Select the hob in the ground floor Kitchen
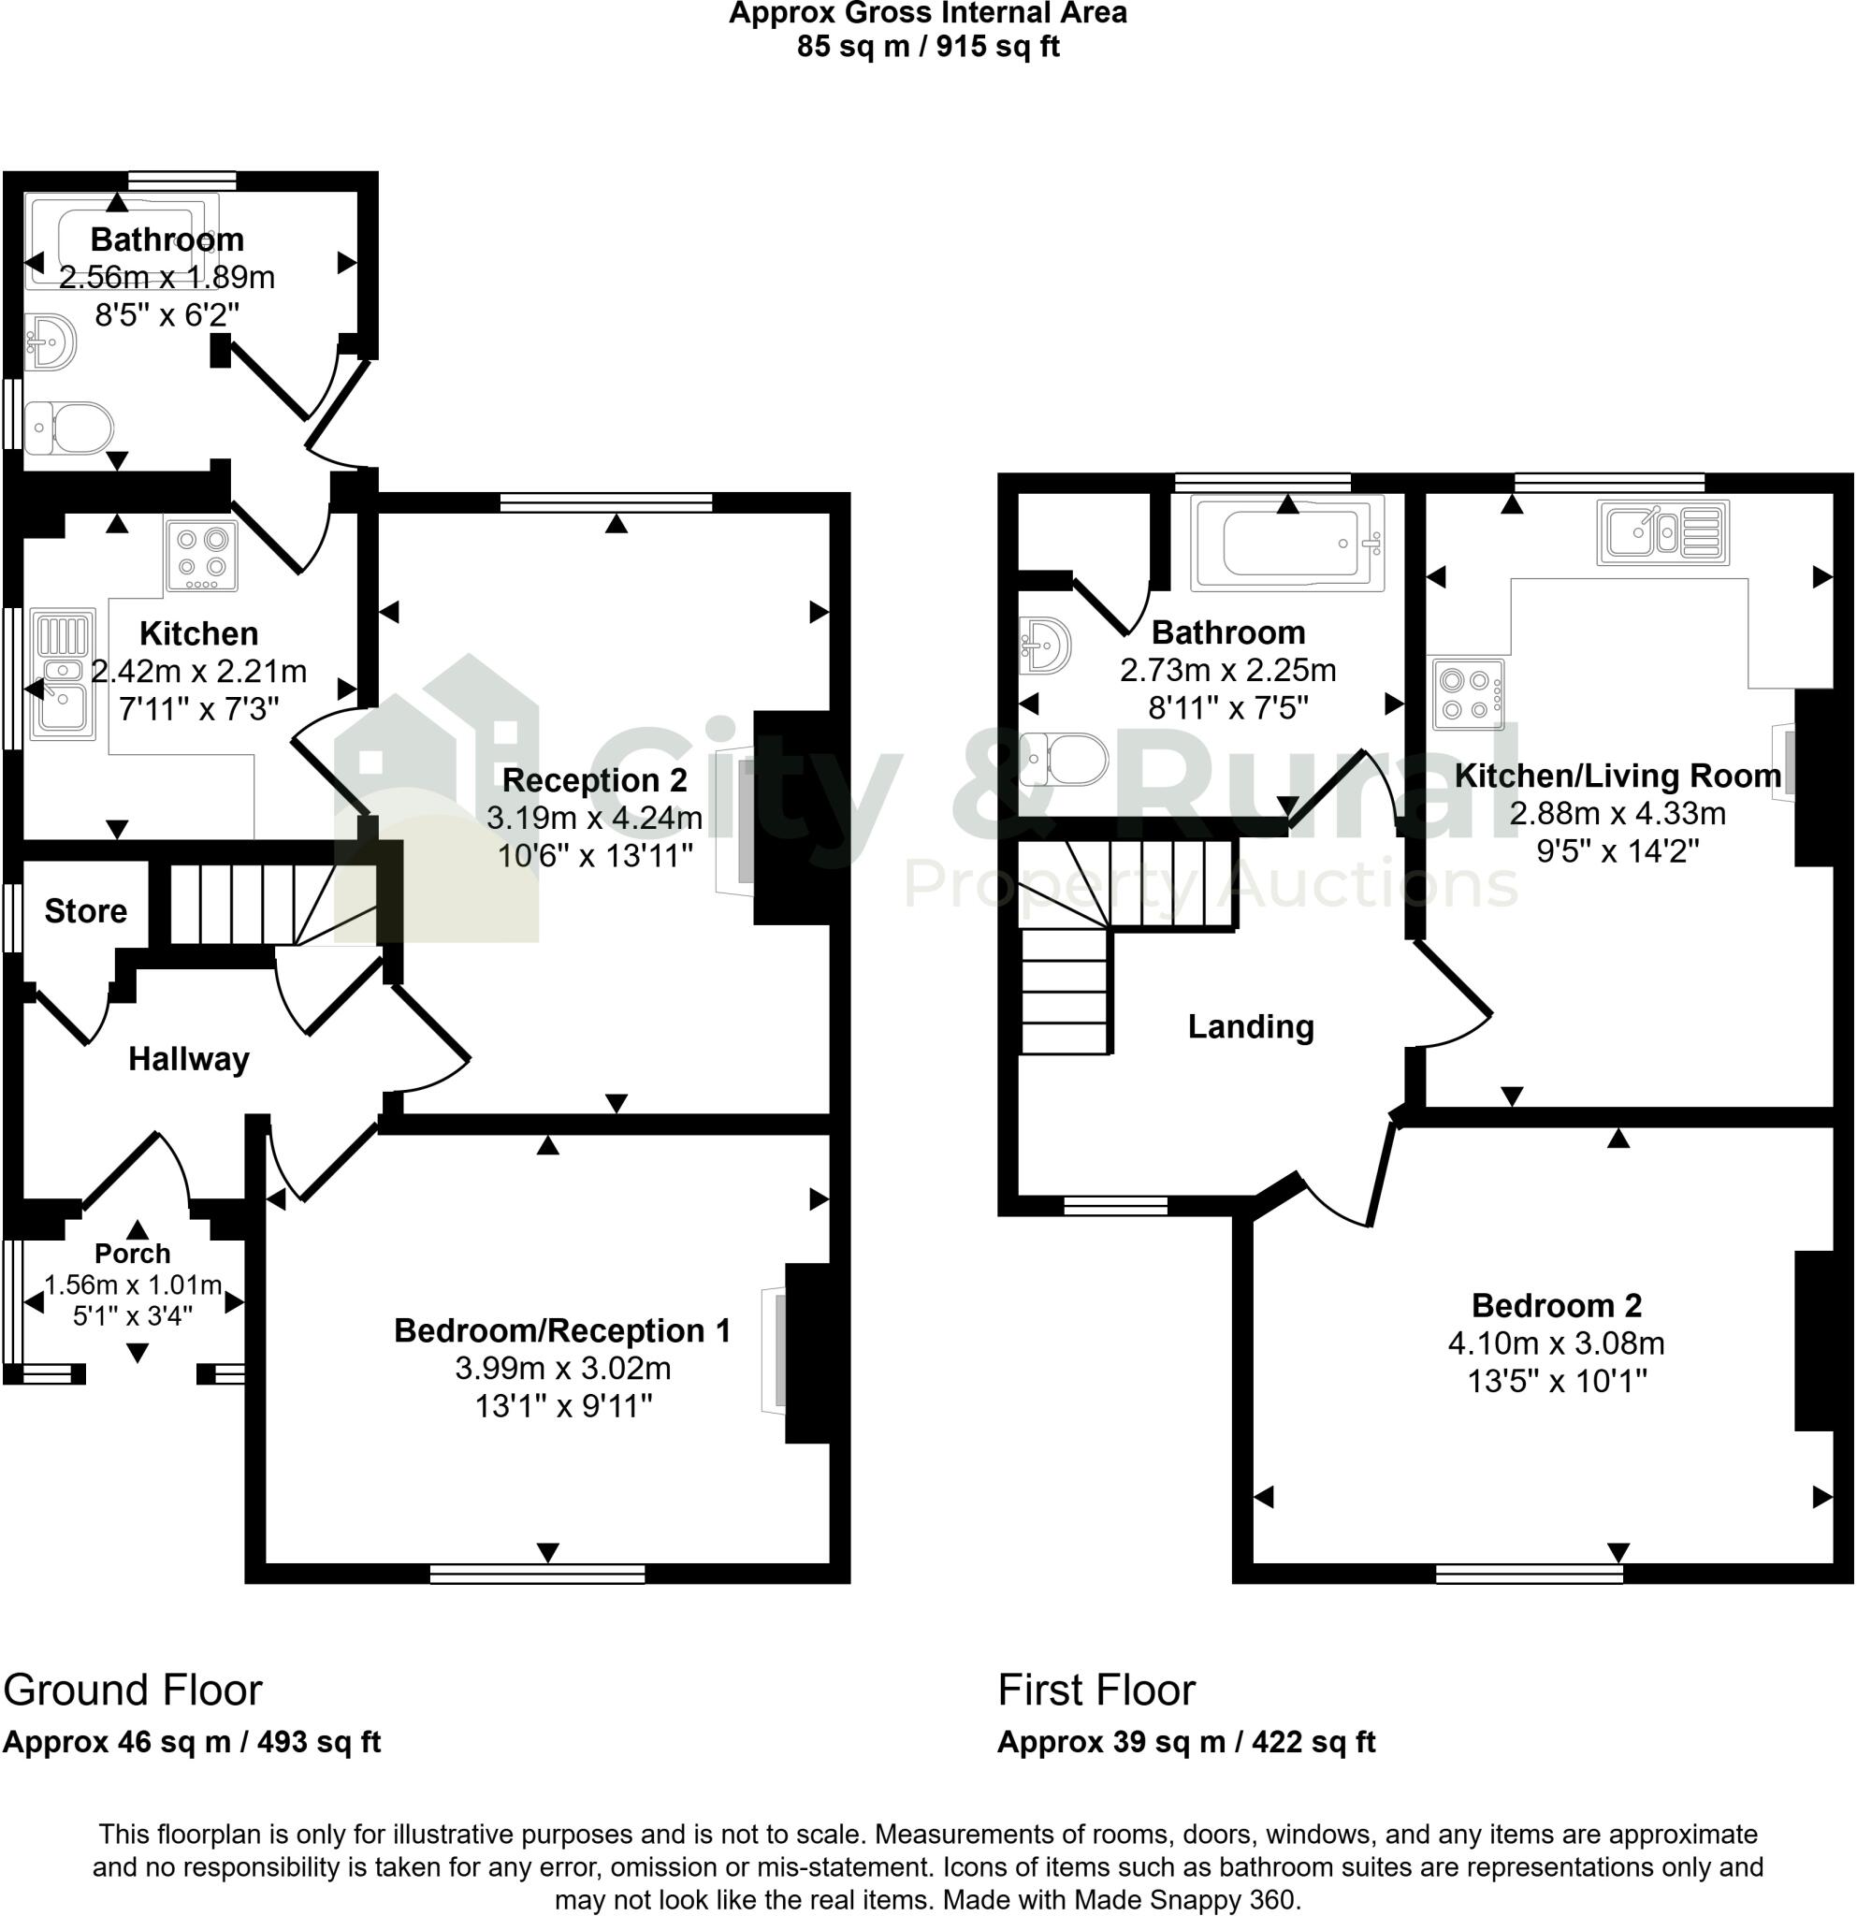[x=201, y=556]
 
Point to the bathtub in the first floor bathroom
[x=1286, y=544]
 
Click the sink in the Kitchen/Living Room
[x=1662, y=532]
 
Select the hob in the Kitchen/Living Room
[x=1468, y=695]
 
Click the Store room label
[x=86, y=911]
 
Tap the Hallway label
[x=189, y=1059]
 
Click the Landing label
[x=1250, y=1026]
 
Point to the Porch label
[x=133, y=1254]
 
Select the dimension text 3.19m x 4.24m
[x=594, y=819]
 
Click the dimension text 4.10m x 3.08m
[x=1556, y=1343]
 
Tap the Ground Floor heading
[x=133, y=1691]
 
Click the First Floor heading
[x=1095, y=1691]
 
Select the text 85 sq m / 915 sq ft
[x=927, y=46]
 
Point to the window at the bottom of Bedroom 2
[x=1530, y=1573]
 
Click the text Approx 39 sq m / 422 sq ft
[x=1185, y=1742]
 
